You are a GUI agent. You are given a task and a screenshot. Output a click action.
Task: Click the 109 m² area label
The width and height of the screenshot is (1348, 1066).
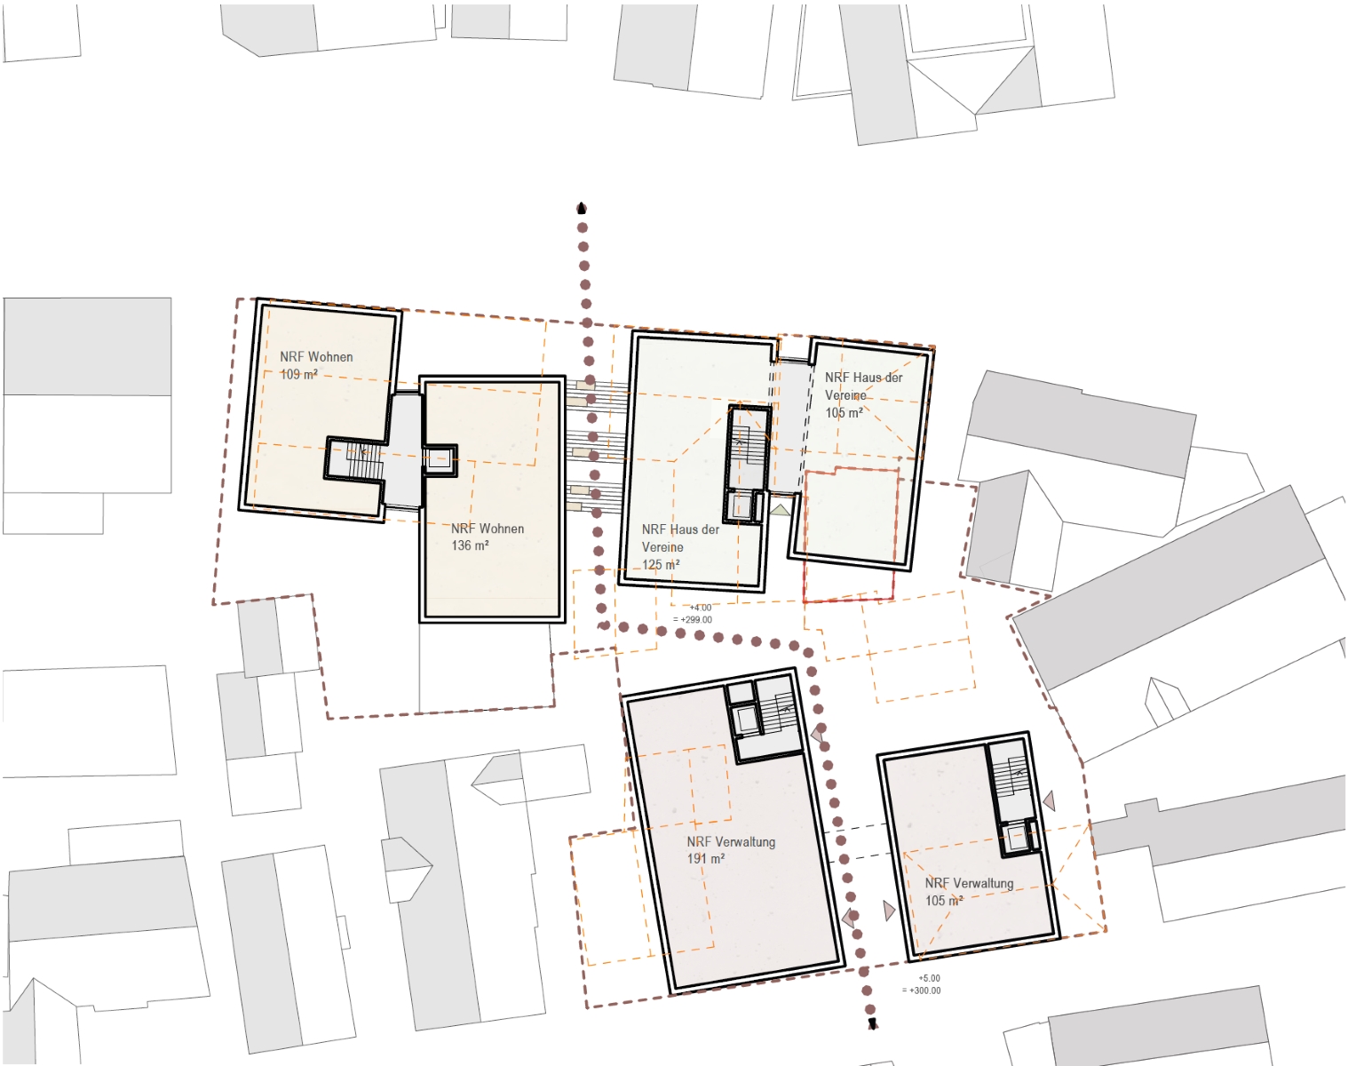(298, 374)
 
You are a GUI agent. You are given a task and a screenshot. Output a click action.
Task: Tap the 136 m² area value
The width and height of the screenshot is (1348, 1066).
(470, 545)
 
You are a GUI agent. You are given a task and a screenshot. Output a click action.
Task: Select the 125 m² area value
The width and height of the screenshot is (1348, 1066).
(660, 564)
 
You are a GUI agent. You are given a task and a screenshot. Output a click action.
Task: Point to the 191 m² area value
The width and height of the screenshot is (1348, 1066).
(705, 858)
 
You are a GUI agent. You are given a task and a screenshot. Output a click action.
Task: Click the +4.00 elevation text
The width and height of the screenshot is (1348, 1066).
(701, 608)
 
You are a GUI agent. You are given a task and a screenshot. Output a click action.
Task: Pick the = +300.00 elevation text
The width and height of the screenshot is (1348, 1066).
(922, 990)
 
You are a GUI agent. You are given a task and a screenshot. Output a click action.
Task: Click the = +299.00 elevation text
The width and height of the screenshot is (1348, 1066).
(693, 619)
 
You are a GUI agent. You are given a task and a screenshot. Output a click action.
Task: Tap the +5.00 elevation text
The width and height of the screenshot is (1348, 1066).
(929, 978)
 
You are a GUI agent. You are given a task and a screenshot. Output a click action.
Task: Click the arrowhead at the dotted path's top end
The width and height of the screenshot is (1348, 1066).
(582, 208)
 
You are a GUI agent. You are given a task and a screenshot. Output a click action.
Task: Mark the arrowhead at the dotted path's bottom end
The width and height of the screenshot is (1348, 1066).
(872, 1024)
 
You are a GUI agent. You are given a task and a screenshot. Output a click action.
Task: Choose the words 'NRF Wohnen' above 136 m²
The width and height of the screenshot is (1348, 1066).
(488, 529)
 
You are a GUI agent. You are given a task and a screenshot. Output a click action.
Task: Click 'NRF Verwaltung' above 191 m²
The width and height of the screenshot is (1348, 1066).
(731, 841)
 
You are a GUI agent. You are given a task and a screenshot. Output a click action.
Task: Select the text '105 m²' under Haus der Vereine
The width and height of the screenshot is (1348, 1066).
(844, 412)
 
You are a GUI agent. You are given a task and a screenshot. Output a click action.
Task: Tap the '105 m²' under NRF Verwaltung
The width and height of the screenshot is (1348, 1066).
(944, 900)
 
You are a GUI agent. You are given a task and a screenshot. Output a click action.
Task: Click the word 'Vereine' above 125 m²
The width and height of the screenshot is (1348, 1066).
(662, 546)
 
